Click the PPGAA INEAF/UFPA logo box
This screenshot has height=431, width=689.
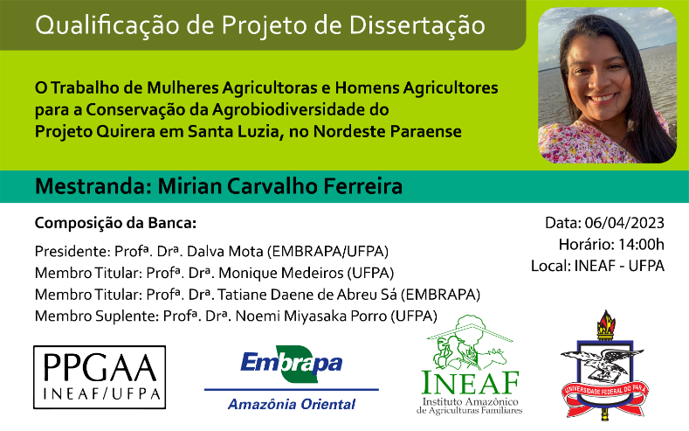tap(100, 377)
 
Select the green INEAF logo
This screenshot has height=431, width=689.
tap(469, 365)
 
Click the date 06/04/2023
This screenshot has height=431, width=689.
tap(624, 223)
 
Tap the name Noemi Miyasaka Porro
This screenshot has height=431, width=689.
tap(311, 316)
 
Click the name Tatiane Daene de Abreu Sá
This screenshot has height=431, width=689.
tap(307, 295)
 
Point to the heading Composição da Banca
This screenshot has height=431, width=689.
tap(115, 224)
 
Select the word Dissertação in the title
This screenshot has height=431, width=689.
tap(417, 25)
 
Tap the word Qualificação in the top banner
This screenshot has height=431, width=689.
tap(107, 25)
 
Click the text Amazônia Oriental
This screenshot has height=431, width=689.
tap(292, 404)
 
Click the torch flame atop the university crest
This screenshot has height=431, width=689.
tap(606, 322)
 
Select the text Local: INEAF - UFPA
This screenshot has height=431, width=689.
tap(597, 266)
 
